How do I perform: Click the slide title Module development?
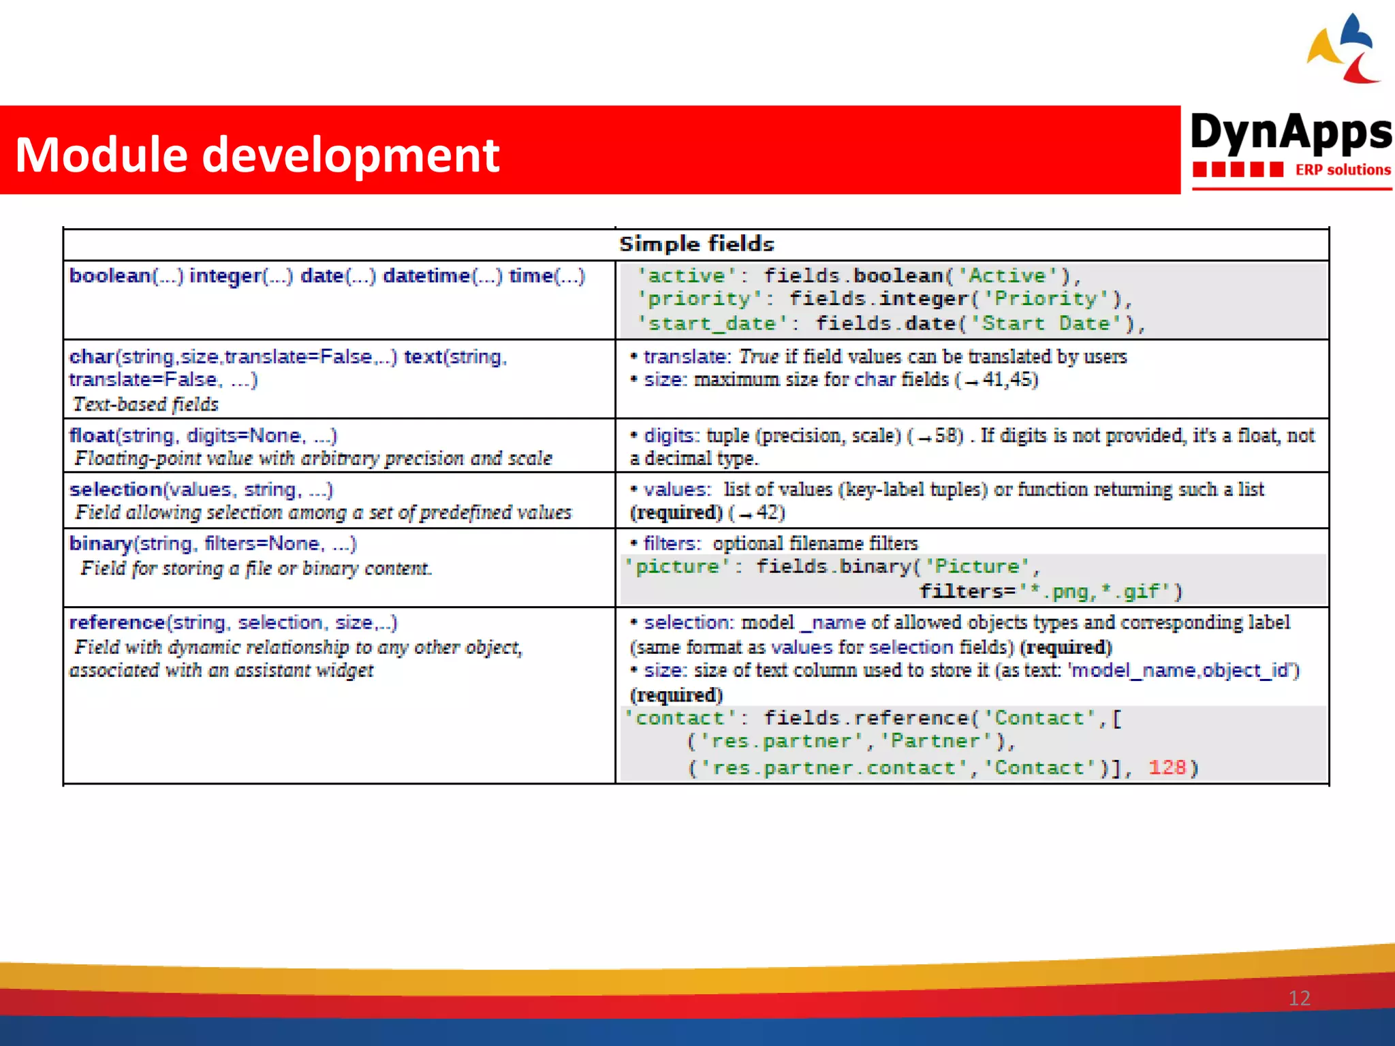click(257, 155)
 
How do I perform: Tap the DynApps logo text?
click(1291, 133)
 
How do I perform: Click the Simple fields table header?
click(696, 244)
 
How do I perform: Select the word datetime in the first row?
click(426, 276)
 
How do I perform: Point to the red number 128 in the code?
click(1167, 767)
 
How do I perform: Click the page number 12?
click(1299, 998)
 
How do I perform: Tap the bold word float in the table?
click(92, 435)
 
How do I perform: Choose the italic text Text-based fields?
click(146, 405)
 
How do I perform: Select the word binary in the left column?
click(100, 543)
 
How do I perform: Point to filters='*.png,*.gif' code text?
click(1049, 591)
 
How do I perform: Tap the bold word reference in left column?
click(117, 622)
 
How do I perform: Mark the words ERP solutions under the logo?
click(1343, 170)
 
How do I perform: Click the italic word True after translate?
click(758, 357)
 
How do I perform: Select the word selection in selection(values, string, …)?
click(116, 490)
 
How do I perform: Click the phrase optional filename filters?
click(815, 543)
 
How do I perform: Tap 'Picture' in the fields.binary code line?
click(977, 567)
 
